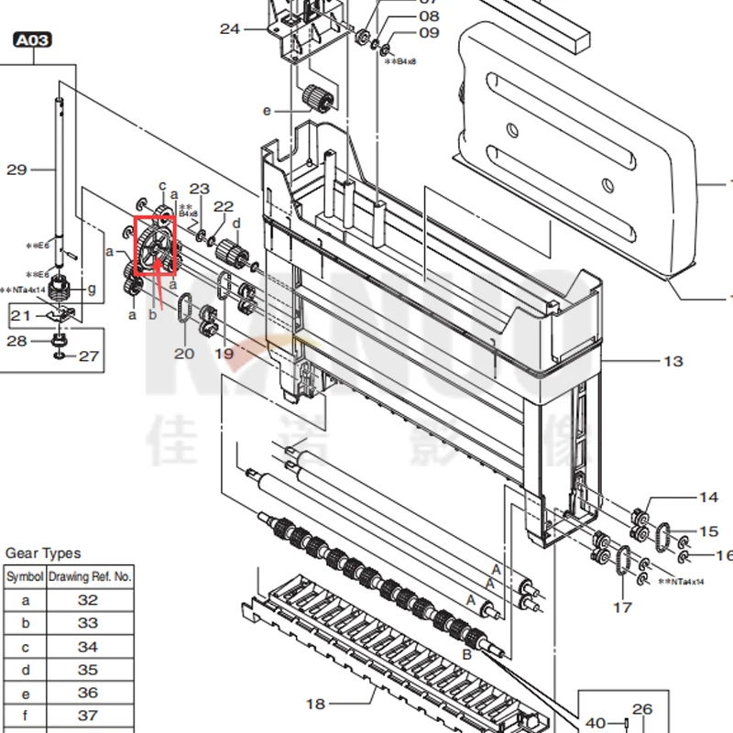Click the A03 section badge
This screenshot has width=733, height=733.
pos(32,39)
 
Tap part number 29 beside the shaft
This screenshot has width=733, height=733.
pos(17,170)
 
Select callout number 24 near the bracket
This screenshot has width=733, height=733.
pos(229,29)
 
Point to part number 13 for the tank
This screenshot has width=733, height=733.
pos(673,361)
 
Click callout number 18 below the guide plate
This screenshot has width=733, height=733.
pos(315,704)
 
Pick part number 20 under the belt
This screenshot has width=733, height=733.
pos(184,354)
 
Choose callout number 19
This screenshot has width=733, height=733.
pos(224,354)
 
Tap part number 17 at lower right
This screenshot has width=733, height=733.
pos(623,607)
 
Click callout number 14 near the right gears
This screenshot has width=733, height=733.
pos(708,498)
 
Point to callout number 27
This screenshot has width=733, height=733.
pos(88,356)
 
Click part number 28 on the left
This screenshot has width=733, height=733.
pos(17,341)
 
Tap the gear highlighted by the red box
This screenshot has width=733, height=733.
pos(156,245)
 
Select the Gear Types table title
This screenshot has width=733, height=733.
pos(43,553)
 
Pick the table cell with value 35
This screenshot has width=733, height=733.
pos(88,670)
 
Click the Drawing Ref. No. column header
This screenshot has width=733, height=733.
pos(90,577)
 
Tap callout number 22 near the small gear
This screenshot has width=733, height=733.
pos(224,207)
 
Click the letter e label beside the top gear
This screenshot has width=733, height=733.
pos(268,111)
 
